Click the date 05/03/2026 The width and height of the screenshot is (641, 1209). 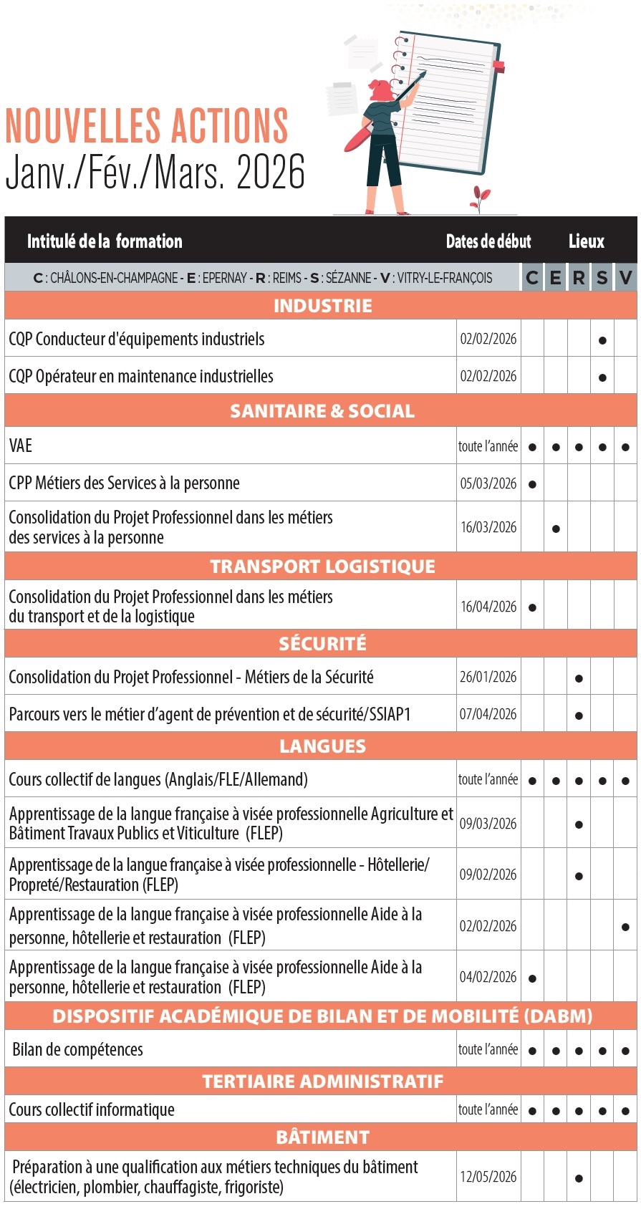tap(488, 483)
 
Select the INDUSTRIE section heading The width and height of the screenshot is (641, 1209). tap(322, 306)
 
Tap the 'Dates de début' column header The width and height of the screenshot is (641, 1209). tap(488, 241)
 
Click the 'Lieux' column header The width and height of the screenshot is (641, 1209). tap(587, 241)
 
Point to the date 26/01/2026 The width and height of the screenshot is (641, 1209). tap(488, 677)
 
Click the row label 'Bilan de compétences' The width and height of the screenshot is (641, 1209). tap(78, 1050)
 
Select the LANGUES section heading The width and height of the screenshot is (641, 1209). tap(322, 746)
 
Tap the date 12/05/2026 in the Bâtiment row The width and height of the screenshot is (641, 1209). tap(488, 1177)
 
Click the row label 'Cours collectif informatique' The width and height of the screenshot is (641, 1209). tap(92, 1109)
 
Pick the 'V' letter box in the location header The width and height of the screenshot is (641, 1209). tap(625, 278)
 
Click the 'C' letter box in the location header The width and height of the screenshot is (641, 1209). tap(532, 278)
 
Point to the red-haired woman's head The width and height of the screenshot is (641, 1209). tap(381, 90)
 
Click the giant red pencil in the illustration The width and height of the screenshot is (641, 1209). tap(358, 136)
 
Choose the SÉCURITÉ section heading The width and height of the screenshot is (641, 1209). tap(322, 643)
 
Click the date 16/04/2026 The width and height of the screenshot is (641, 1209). tap(488, 607)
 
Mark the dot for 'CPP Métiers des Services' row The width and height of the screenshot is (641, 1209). tap(532, 484)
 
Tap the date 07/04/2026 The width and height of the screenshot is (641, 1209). tap(488, 714)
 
